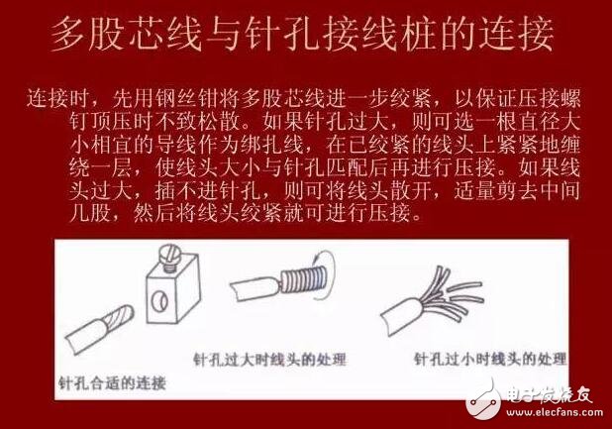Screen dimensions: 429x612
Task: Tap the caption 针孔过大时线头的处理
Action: point(277,357)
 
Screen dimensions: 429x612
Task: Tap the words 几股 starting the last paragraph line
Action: point(45,211)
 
